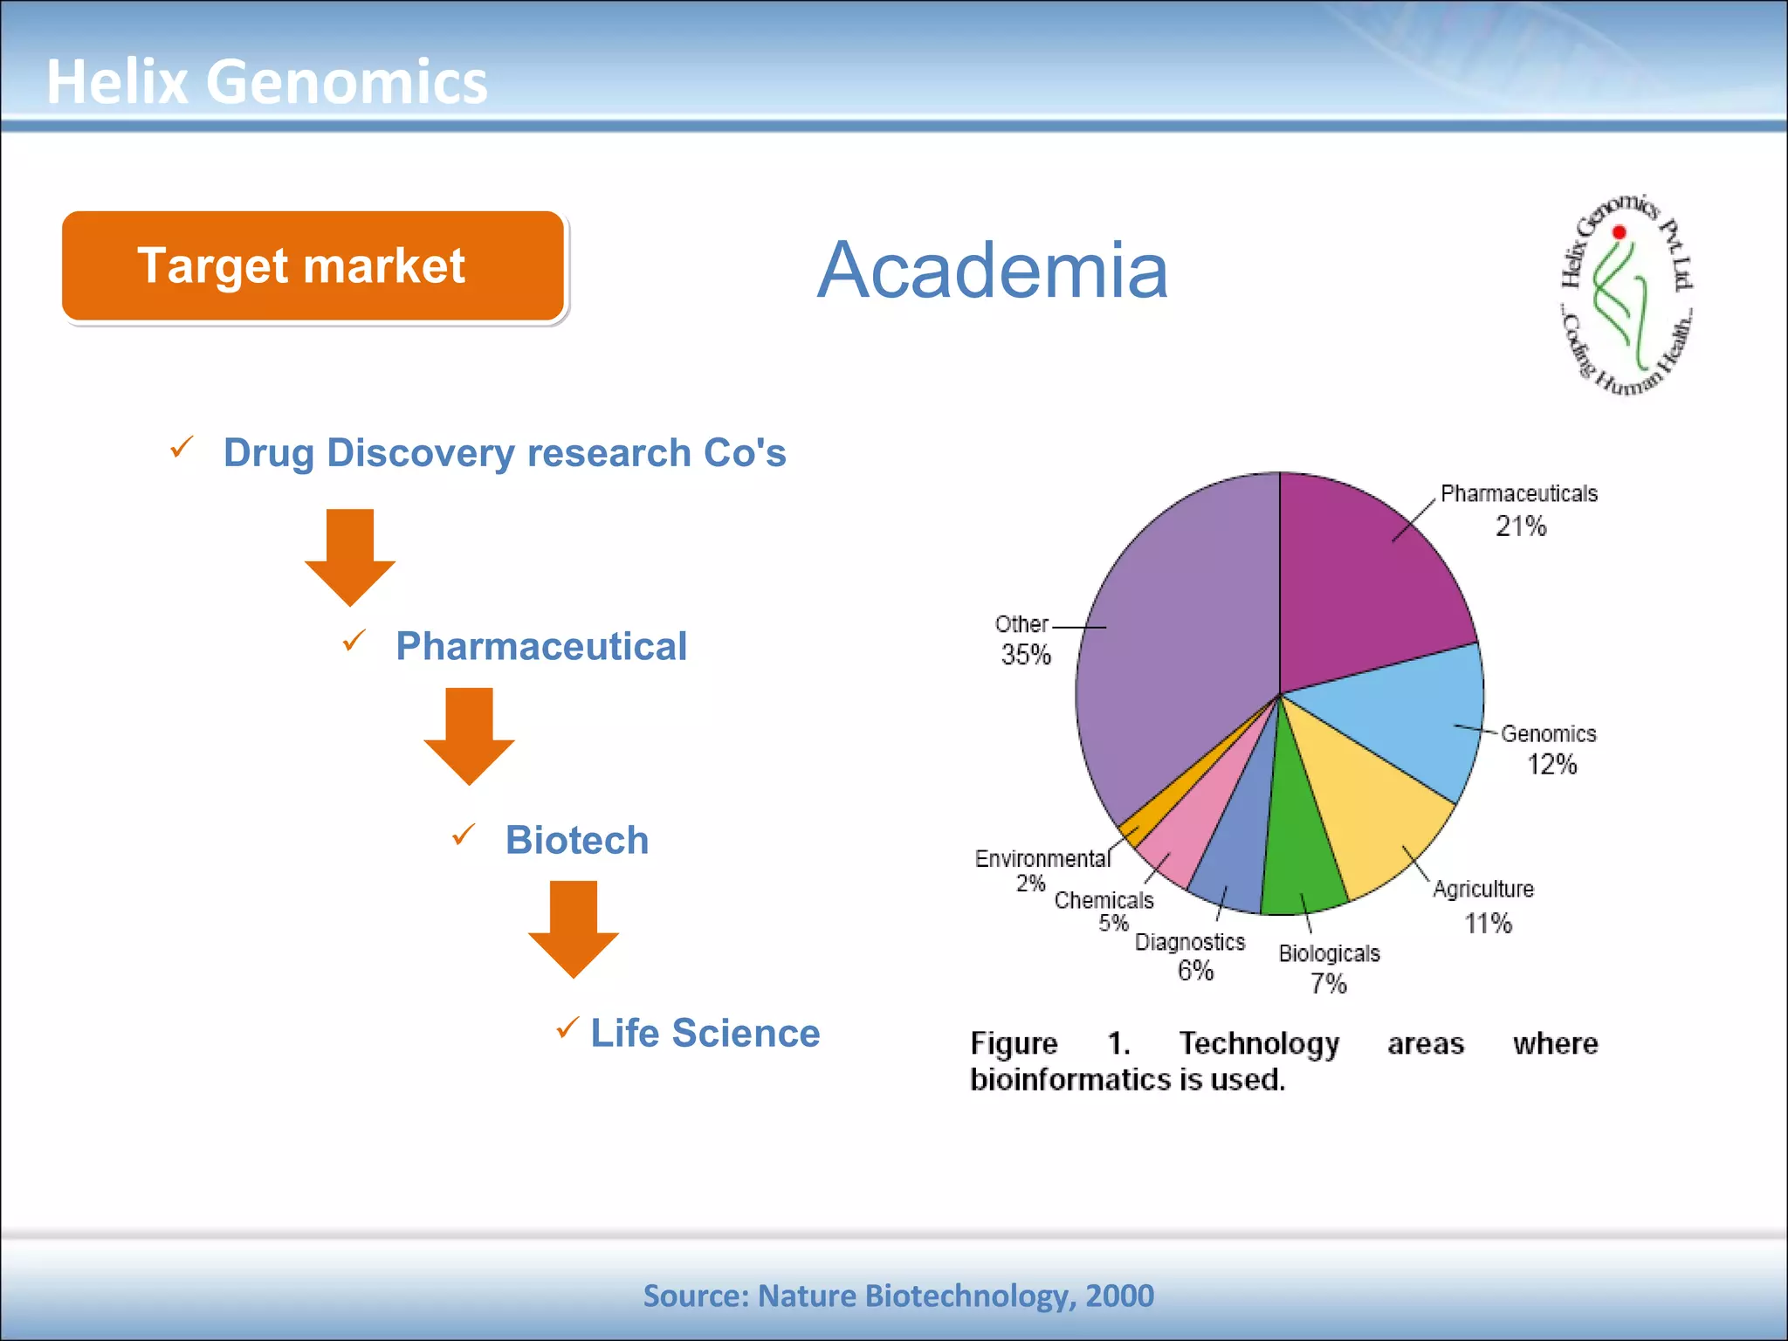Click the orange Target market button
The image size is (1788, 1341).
(313, 265)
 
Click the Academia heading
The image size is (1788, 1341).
(992, 270)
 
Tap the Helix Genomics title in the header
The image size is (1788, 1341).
(266, 81)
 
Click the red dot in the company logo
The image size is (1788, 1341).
(1619, 232)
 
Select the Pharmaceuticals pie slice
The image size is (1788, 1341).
(1362, 585)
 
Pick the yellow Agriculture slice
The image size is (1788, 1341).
(1371, 821)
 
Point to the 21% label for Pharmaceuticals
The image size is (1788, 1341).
(1520, 526)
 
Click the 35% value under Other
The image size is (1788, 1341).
(1026, 655)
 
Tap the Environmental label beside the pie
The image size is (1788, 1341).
(1042, 859)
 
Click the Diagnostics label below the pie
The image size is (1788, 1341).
(1189, 942)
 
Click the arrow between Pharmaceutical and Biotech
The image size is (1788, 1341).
(469, 735)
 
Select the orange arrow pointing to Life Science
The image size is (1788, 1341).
(574, 928)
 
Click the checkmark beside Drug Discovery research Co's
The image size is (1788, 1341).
(182, 448)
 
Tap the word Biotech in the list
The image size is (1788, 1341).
(577, 840)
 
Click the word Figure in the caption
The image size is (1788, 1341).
(1014, 1043)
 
